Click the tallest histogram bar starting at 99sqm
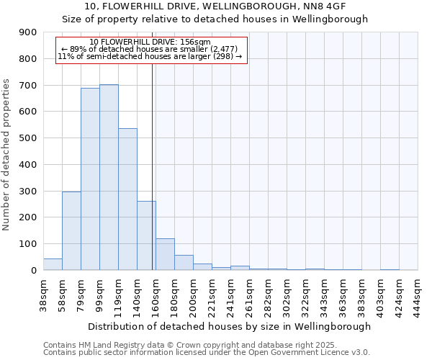[x=109, y=177]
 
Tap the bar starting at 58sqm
[x=71, y=230]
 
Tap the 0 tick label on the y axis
[x=33, y=271]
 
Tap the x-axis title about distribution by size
[x=230, y=326]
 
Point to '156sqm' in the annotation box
[x=197, y=42]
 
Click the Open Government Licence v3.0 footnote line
[x=207, y=353]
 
